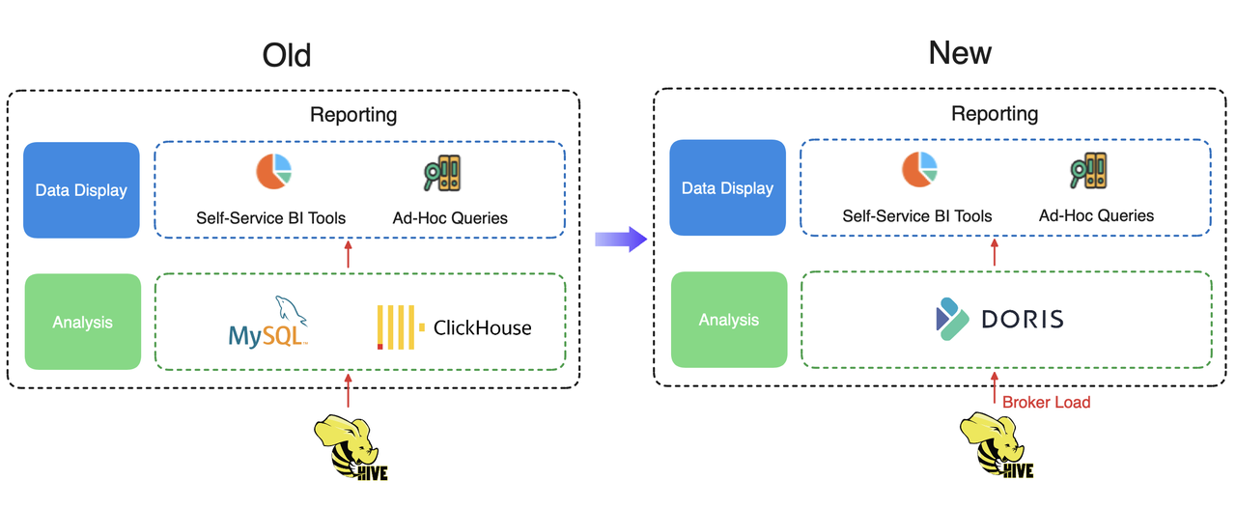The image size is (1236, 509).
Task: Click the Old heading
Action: coord(287,55)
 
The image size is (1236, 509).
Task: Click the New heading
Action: coord(959,52)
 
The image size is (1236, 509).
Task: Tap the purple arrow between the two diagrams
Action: coord(619,239)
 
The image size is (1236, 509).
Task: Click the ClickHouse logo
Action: coord(454,326)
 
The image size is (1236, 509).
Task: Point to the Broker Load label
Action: coord(1046,402)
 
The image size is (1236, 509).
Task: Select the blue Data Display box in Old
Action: coord(81,190)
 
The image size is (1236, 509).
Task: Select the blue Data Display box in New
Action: coord(727,188)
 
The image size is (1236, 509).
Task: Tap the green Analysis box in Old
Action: coord(82,322)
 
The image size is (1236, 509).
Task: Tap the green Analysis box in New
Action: coord(728,320)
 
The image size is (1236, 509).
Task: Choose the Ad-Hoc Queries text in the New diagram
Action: coord(1096,215)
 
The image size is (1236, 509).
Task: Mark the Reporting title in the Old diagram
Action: coord(352,115)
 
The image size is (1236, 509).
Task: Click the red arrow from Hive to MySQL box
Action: coord(349,394)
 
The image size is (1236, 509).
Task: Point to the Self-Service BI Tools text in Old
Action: coord(270,218)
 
